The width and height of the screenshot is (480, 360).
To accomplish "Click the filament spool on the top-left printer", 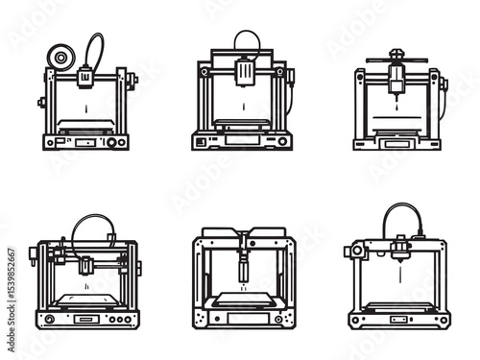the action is click(x=62, y=58).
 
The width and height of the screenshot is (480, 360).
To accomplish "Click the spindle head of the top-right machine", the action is click(x=396, y=82).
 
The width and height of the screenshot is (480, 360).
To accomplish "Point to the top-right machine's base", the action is click(x=396, y=143).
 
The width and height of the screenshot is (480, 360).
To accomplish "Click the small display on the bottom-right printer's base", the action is click(x=396, y=319).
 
